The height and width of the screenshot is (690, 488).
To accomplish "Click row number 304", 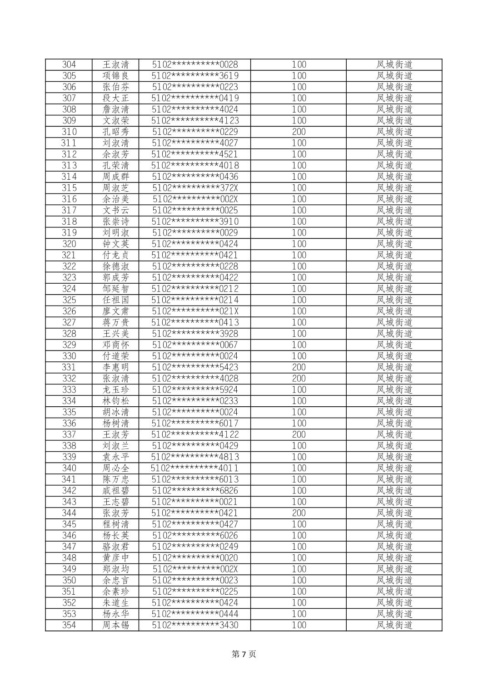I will pos(69,64).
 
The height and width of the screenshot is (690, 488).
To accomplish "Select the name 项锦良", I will pos(115,76).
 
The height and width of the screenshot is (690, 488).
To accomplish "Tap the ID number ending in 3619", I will pos(194,76).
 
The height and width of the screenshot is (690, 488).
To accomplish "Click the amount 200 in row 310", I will pos(299,132).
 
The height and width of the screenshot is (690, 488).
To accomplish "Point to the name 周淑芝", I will pos(115,188).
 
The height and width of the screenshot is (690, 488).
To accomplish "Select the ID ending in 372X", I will pos(194,188).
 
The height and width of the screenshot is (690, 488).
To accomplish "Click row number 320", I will pos(69,244).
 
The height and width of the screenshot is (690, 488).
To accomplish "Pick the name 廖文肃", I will pos(115,311).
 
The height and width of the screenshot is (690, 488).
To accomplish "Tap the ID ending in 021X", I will pos(194,311).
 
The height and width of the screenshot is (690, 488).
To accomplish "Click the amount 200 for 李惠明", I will pos(299,367).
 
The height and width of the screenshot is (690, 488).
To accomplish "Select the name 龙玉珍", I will pos(115,389).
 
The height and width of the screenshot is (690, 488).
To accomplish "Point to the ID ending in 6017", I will pos(194,423).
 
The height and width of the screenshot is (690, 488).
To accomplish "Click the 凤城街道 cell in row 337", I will pos(394,434).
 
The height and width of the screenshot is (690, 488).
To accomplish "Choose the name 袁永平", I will pos(115,457).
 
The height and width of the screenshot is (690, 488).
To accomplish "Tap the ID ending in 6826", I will pos(194,490).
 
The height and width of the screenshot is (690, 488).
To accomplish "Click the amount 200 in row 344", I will pos(299,513).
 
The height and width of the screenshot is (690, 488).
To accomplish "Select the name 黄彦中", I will pos(115,558).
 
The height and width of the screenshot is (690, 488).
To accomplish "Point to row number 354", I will pos(69,625).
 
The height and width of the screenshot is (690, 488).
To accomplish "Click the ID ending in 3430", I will pos(194,625).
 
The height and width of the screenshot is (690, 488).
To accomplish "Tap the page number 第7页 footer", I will pos(244,654).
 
